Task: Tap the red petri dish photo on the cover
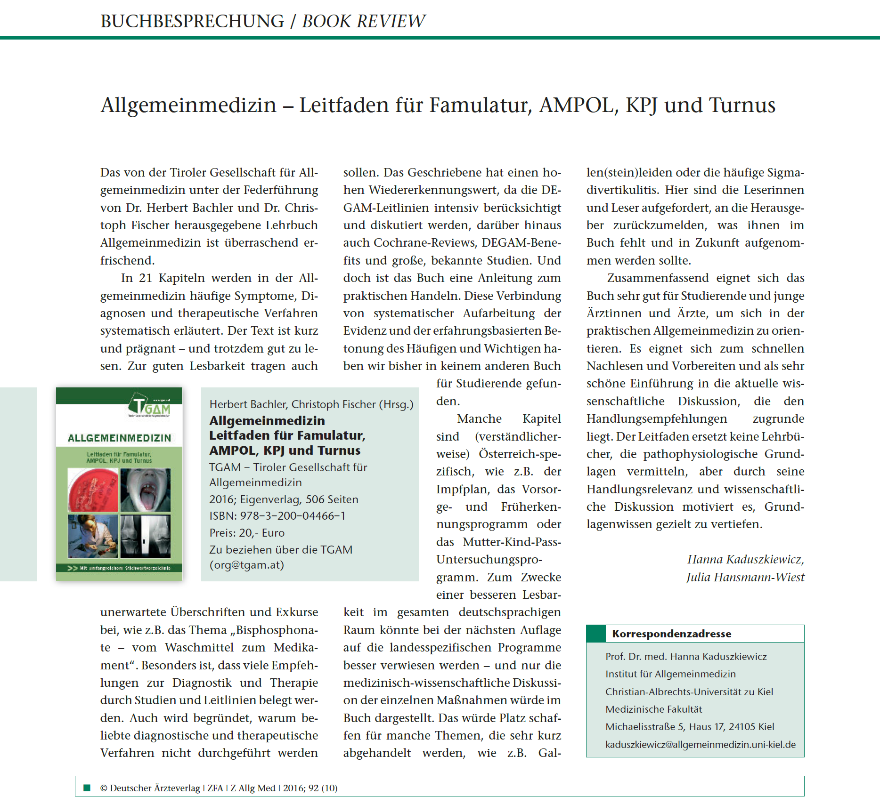tap(92, 490)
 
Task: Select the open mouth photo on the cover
tap(146, 490)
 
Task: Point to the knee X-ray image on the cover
tap(146, 536)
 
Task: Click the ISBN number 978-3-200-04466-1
tap(293, 516)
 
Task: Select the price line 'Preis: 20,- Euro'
tap(247, 533)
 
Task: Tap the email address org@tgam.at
tap(247, 565)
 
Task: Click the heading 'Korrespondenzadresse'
tap(671, 634)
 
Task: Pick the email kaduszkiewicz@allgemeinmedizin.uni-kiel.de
tap(701, 745)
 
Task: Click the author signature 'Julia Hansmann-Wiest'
tap(745, 577)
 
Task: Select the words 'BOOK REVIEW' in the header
tap(363, 21)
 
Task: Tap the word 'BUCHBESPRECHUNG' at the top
tap(192, 21)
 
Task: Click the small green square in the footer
tap(87, 788)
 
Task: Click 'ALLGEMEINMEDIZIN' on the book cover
tap(119, 438)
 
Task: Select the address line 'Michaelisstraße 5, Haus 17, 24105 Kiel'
tap(690, 727)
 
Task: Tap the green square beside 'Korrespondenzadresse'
tap(596, 634)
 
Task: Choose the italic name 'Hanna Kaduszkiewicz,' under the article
tap(745, 559)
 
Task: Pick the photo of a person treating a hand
tap(92, 536)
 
